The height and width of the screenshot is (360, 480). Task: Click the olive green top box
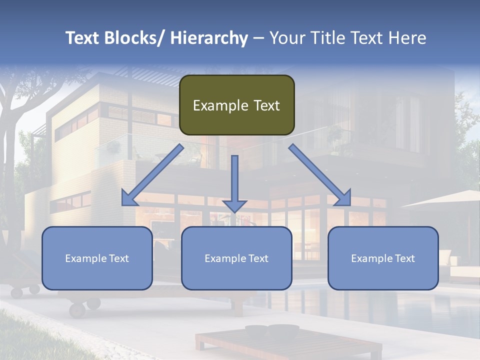pos(236,105)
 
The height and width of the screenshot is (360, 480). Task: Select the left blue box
pos(97,258)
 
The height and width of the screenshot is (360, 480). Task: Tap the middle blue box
pos(236,258)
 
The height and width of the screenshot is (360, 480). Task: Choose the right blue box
pos(383,258)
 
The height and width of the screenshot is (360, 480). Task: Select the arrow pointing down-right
pos(320,175)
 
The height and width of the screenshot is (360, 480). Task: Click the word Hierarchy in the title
pos(209,38)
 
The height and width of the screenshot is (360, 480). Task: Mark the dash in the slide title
pos(258,38)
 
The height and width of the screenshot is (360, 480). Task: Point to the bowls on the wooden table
pos(272,330)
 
